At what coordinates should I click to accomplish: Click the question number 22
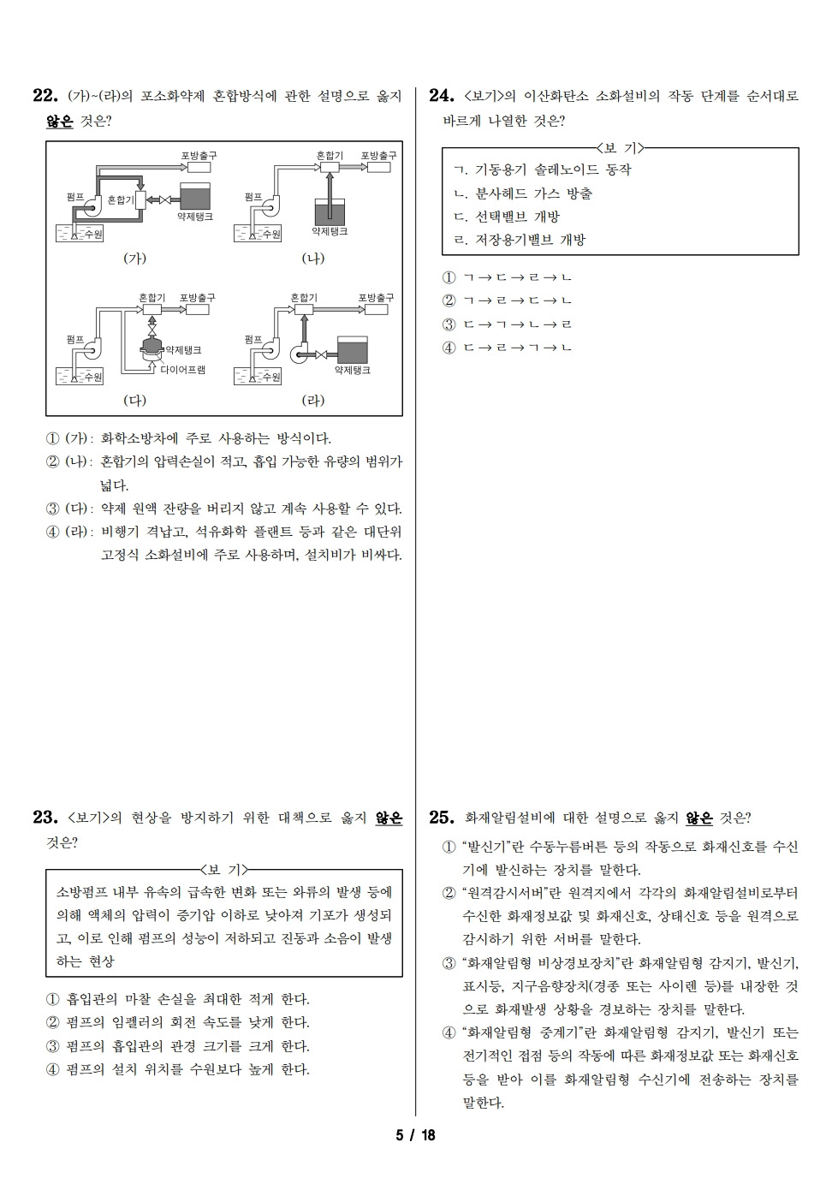click(45, 96)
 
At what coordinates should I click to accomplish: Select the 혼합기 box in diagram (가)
click(140, 199)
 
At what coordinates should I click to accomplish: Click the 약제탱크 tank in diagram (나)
click(330, 211)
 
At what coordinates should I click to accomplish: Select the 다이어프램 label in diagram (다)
click(182, 371)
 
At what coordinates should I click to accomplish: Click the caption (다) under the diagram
click(135, 400)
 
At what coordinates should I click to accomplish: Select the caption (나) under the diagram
click(313, 258)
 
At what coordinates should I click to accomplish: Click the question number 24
click(441, 96)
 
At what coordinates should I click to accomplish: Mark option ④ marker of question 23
click(52, 1069)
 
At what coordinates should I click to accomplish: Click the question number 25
click(441, 818)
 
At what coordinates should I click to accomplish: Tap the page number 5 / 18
click(416, 1135)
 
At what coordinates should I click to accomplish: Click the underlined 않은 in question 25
click(698, 818)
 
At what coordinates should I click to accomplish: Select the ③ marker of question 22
click(52, 509)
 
